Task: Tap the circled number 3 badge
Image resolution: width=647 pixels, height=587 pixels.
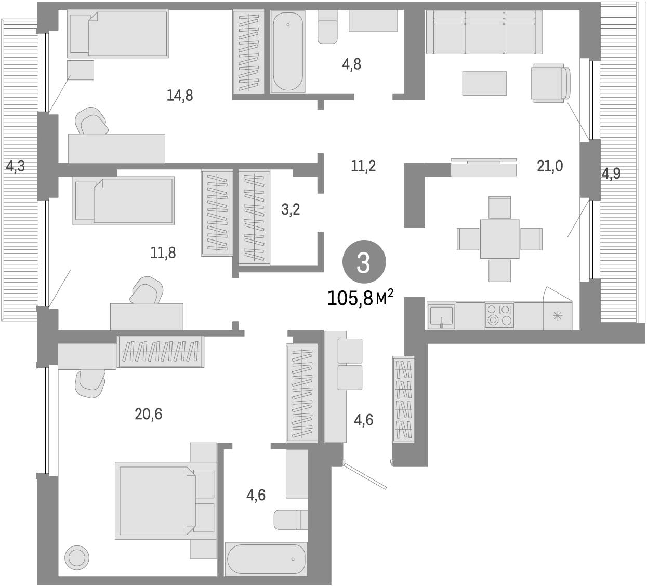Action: (x=363, y=263)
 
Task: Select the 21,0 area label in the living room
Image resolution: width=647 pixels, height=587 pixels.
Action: (x=550, y=166)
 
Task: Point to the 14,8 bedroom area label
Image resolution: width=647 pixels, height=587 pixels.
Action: (x=180, y=96)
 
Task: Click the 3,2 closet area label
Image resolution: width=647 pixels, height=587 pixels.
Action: (x=291, y=210)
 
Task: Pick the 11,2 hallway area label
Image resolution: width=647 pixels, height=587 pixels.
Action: (x=363, y=166)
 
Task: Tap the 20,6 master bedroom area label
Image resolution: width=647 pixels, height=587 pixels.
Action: (x=149, y=414)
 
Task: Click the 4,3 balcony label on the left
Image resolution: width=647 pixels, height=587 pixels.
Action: (x=15, y=167)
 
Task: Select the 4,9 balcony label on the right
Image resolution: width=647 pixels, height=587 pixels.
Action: (x=611, y=174)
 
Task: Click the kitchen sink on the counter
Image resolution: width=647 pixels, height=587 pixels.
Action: (x=441, y=315)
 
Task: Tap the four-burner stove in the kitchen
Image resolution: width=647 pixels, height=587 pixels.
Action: (x=499, y=315)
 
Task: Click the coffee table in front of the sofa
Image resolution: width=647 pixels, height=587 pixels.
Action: (x=484, y=83)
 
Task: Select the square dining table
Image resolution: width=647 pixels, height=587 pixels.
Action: (x=499, y=239)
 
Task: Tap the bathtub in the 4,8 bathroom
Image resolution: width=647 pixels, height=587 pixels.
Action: (x=287, y=52)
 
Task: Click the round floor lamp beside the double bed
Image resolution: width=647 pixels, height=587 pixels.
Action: (x=77, y=558)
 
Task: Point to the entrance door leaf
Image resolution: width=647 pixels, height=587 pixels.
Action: (x=366, y=475)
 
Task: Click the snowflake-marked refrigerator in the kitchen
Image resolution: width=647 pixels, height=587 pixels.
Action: (x=557, y=315)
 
